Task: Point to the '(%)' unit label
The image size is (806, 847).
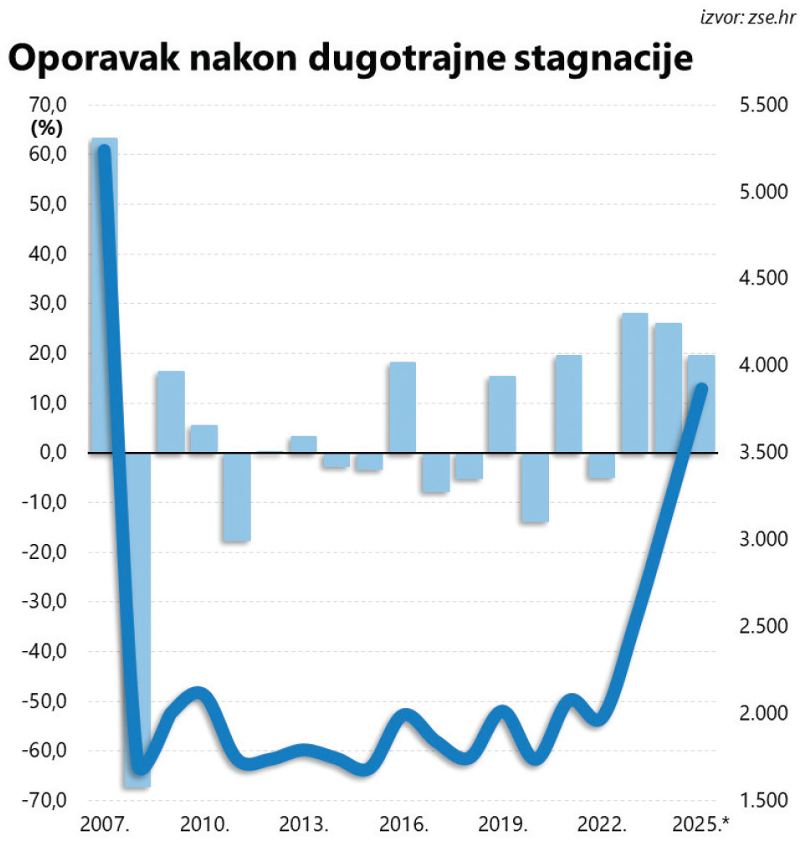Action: point(48,129)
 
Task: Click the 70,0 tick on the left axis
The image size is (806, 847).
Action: point(48,105)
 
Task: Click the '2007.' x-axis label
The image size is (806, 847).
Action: point(105,824)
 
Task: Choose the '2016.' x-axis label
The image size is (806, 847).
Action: point(403,824)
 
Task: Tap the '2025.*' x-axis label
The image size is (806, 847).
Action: point(701,824)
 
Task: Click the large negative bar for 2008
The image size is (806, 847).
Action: point(137,619)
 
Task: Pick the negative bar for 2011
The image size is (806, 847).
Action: point(237,497)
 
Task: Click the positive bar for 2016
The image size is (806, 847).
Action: point(403,408)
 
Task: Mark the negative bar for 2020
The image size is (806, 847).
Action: point(535,487)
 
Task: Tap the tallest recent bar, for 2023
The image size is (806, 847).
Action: point(634,383)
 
